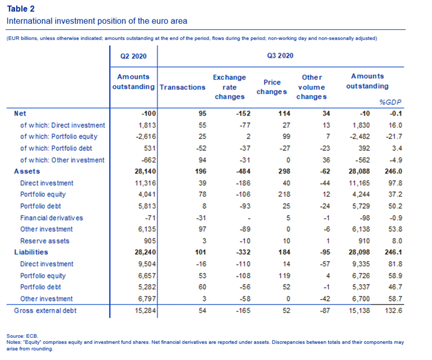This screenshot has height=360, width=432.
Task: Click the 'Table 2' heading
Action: [21, 9]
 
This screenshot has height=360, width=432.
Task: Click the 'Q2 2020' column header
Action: [133, 56]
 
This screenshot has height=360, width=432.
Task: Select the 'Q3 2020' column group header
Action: [280, 56]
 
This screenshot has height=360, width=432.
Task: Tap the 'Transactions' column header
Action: [183, 87]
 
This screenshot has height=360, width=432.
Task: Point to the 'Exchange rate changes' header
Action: [230, 87]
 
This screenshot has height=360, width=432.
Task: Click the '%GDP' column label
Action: [390, 102]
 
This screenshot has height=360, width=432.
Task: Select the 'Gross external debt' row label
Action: [45, 311]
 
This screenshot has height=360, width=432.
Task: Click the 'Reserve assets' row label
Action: [45, 241]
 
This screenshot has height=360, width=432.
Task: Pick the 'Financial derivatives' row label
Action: [51, 218]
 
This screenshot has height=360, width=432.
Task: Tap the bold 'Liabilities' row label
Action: [31, 252]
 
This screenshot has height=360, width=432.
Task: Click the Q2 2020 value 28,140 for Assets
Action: [145, 171]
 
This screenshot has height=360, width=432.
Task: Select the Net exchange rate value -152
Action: [243, 114]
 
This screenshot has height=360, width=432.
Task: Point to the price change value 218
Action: [284, 194]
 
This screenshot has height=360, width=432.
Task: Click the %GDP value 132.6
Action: [394, 311]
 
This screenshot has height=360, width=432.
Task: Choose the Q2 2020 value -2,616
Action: [145, 137]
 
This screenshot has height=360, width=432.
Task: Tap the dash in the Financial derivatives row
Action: [249, 218]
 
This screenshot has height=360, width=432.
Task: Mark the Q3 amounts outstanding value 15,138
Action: [359, 311]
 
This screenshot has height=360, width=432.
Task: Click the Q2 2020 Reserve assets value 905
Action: [150, 241]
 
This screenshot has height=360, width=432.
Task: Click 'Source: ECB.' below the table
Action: [22, 336]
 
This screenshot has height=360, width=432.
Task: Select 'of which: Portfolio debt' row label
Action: [56, 148]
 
